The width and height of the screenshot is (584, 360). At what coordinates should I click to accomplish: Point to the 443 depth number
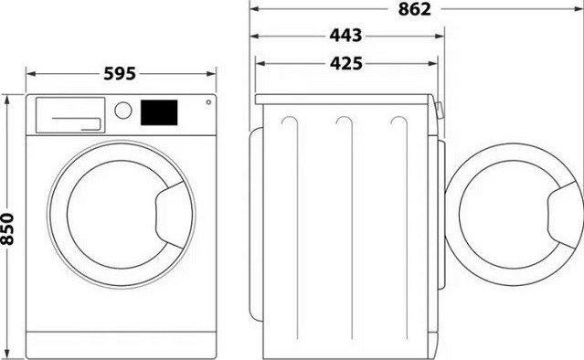[345, 37]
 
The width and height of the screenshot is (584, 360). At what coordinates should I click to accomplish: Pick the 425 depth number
[345, 63]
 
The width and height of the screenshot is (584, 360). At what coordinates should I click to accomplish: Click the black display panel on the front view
[158, 111]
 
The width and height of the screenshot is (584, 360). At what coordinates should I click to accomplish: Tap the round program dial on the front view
[122, 111]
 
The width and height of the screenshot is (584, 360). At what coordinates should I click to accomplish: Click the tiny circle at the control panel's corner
[207, 103]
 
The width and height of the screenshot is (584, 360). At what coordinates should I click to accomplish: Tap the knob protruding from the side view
[441, 113]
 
